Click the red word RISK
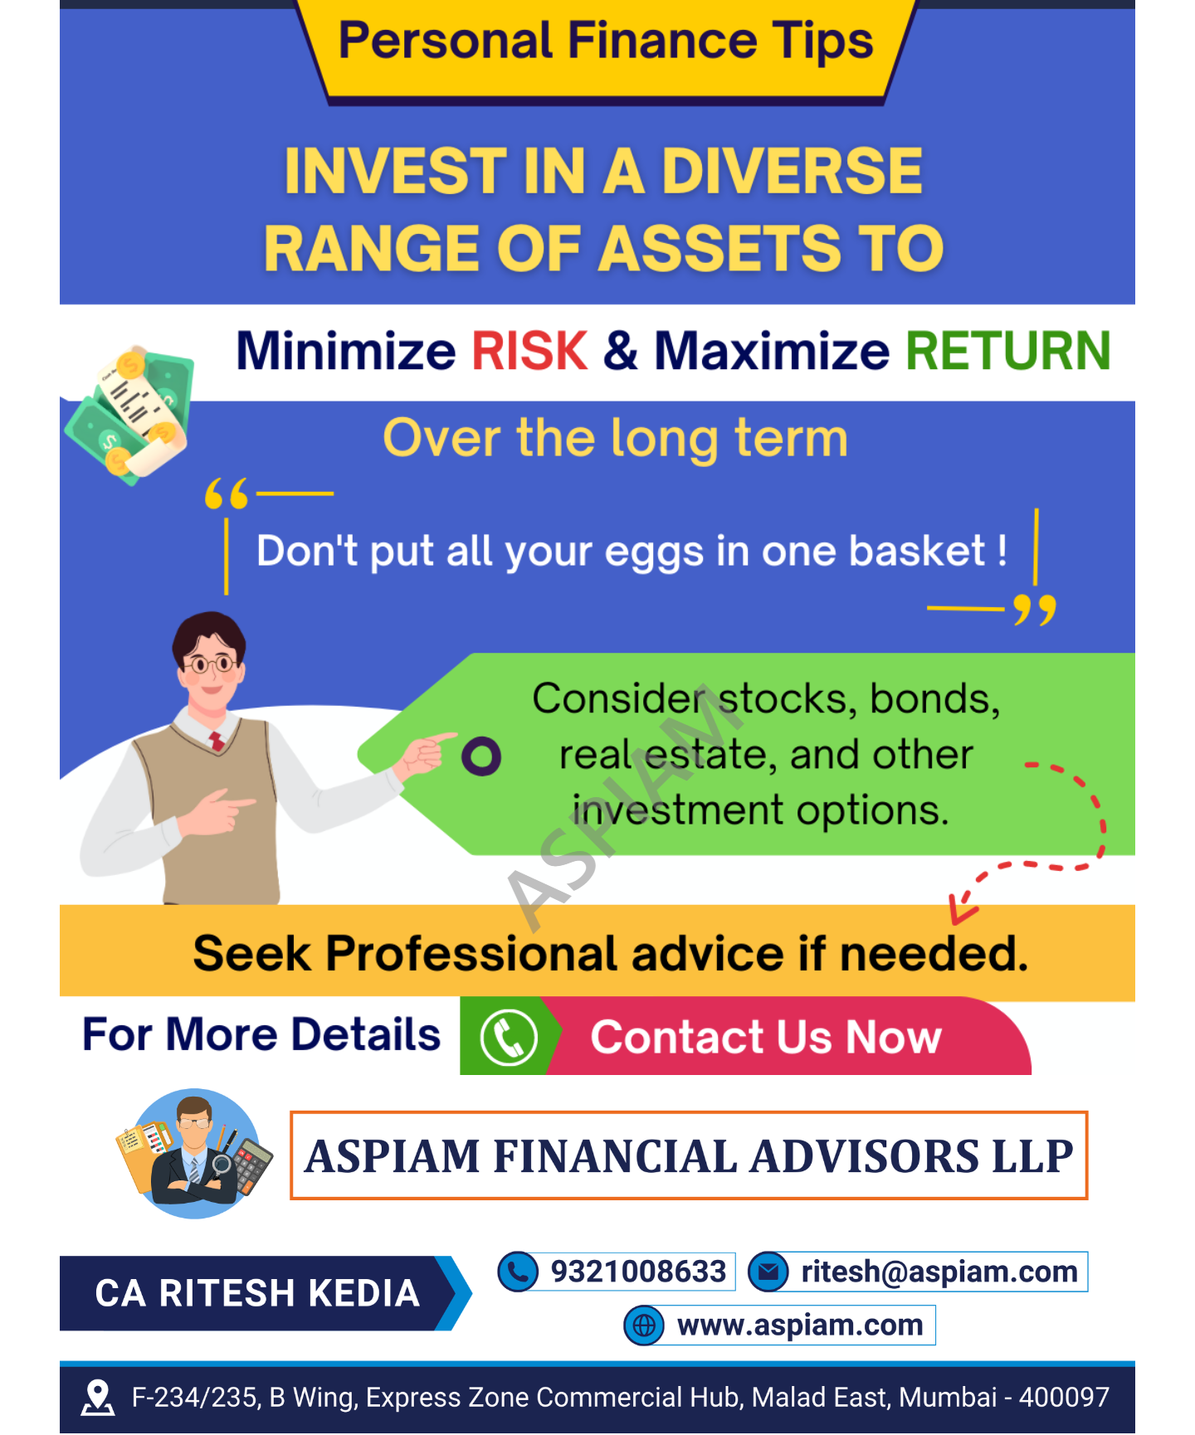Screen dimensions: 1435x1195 [529, 351]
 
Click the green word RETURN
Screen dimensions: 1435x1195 [1007, 351]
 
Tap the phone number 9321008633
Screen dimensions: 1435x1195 [638, 1272]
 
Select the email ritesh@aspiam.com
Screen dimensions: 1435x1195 [939, 1272]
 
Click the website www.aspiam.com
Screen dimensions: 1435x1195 [800, 1325]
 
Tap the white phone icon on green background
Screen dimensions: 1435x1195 [509, 1037]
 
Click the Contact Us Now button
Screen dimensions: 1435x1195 [766, 1037]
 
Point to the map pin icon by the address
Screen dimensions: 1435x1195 [98, 1397]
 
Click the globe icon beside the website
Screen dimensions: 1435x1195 [644, 1326]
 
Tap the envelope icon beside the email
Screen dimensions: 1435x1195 [768, 1272]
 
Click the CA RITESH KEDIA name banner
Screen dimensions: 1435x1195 [257, 1293]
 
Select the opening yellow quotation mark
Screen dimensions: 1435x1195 [227, 494]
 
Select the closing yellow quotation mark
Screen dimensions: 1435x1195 [1035, 610]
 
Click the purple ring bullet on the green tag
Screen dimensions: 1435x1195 [481, 756]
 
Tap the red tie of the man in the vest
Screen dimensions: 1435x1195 [217, 741]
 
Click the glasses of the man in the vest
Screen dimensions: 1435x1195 [211, 664]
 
